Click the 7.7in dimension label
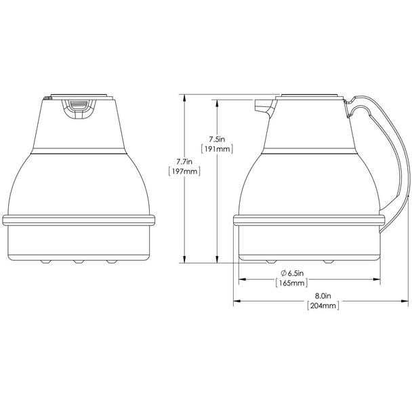(x=184, y=161)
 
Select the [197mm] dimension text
(x=184, y=172)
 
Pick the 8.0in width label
(x=323, y=296)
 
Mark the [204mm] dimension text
(x=323, y=306)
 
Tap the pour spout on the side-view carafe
(x=262, y=106)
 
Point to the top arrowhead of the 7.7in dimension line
(x=184, y=98)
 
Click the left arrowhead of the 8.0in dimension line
(x=236, y=301)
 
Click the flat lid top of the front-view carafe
(x=79, y=96)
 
